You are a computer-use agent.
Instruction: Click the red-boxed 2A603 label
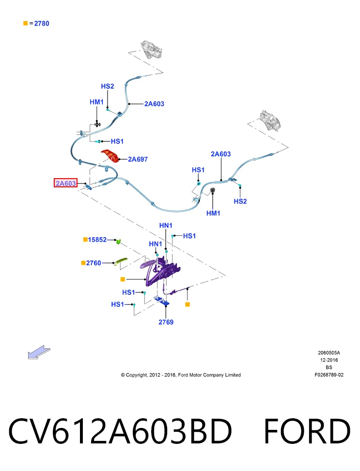pos(65,183)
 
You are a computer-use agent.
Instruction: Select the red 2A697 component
pos(110,155)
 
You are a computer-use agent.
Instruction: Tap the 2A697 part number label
pos(138,159)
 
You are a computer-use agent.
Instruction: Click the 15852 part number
pos(97,240)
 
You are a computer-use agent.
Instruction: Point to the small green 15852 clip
pos(119,241)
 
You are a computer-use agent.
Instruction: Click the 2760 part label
pos(94,263)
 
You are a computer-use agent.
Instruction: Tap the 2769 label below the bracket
pos(166,322)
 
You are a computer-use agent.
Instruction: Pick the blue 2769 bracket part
pos(161,301)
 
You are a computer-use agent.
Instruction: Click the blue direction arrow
pos(39,352)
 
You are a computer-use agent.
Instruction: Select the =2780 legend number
pos(42,23)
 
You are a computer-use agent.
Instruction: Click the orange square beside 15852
pos(85,240)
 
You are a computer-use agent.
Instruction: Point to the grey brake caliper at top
pos(152,49)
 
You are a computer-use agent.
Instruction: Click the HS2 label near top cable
pos(108,86)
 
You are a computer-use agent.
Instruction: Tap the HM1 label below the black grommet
pos(213,213)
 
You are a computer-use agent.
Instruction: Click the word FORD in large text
pos(307,431)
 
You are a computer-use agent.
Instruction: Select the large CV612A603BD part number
pos(120,431)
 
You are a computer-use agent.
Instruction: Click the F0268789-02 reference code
pos(329,375)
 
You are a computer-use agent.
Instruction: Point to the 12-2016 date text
pos(329,360)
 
